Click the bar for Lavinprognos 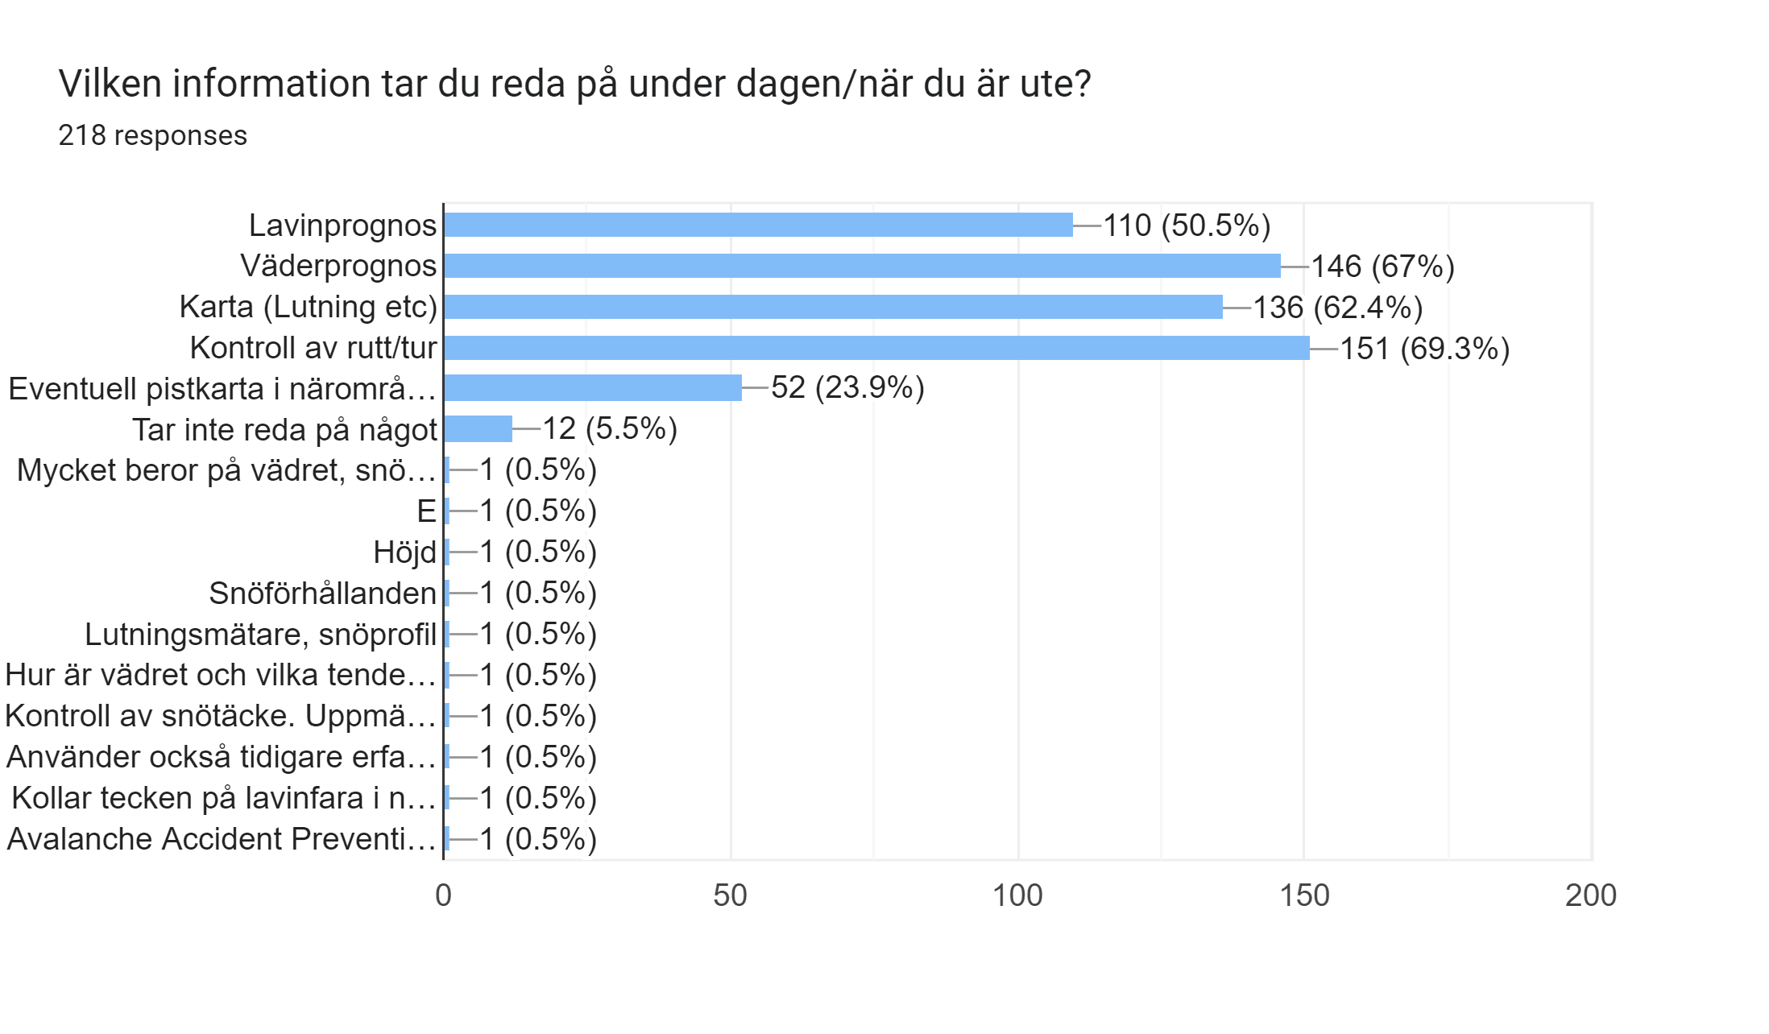pyautogui.click(x=757, y=225)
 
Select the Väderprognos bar pyautogui.click(x=862, y=266)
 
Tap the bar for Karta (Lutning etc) pyautogui.click(x=832, y=307)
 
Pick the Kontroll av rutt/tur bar pyautogui.click(x=876, y=348)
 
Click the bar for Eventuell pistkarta pyautogui.click(x=592, y=388)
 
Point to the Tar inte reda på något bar pyautogui.click(x=478, y=429)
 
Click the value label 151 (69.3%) pyautogui.click(x=1424, y=349)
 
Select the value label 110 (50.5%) pyautogui.click(x=1186, y=225)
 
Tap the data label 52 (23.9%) pyautogui.click(x=847, y=388)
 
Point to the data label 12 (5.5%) pyautogui.click(x=610, y=429)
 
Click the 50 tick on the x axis pyautogui.click(x=730, y=895)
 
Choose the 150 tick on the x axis pyautogui.click(x=1304, y=895)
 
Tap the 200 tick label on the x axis pyautogui.click(x=1590, y=895)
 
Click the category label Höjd pyautogui.click(x=404, y=552)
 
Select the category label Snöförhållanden pyautogui.click(x=322, y=594)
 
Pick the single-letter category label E pyautogui.click(x=426, y=511)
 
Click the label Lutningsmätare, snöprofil pyautogui.click(x=260, y=635)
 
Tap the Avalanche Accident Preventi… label pyautogui.click(x=221, y=839)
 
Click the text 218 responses pyautogui.click(x=152, y=135)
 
